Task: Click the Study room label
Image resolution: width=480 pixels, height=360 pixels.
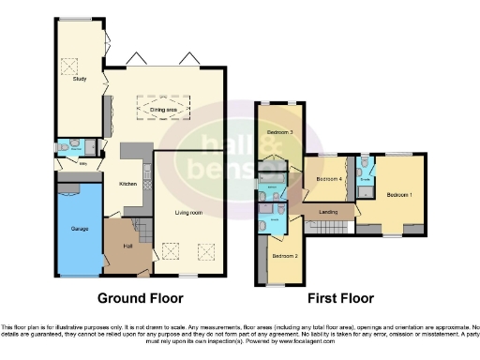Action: (80, 80)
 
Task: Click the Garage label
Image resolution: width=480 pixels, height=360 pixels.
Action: (78, 228)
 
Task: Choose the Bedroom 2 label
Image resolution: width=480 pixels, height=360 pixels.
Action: (285, 255)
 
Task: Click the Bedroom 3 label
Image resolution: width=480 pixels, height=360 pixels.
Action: (279, 133)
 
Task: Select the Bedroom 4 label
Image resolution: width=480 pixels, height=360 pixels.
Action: (328, 178)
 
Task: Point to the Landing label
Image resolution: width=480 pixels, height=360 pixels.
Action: (328, 212)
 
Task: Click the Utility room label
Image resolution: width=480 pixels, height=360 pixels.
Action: (82, 163)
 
